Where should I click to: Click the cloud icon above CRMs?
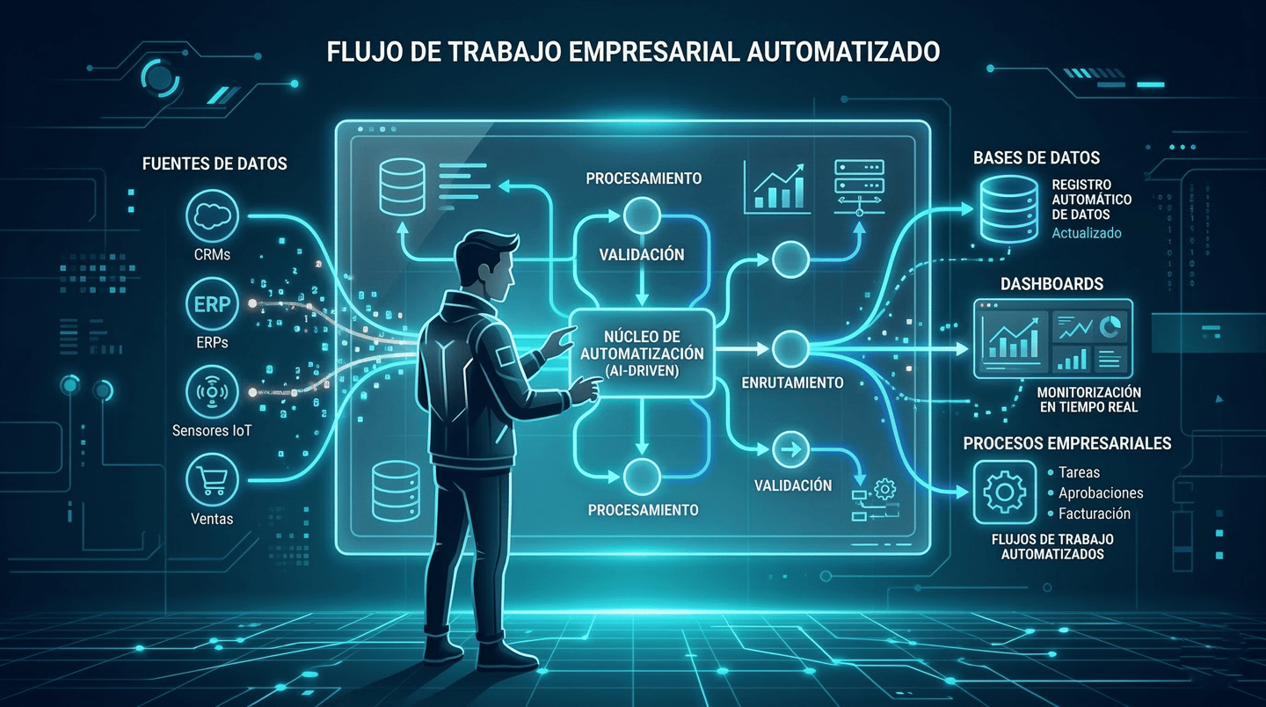tap(212, 217)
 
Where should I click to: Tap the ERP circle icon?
tap(212, 304)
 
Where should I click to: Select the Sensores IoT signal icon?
tap(212, 391)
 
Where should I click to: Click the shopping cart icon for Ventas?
tap(212, 479)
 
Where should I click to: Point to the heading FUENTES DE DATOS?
tap(215, 164)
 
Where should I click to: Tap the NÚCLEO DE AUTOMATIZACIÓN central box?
tap(642, 353)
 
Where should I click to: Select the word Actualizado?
tap(1087, 233)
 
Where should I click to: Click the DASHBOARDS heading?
tap(1051, 285)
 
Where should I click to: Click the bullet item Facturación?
tap(1095, 514)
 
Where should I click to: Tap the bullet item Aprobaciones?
tap(1101, 493)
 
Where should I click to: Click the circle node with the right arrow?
tap(789, 450)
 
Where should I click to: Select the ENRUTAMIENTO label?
tap(792, 383)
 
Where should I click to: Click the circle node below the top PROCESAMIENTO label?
tap(641, 215)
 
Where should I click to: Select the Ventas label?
tap(212, 519)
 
